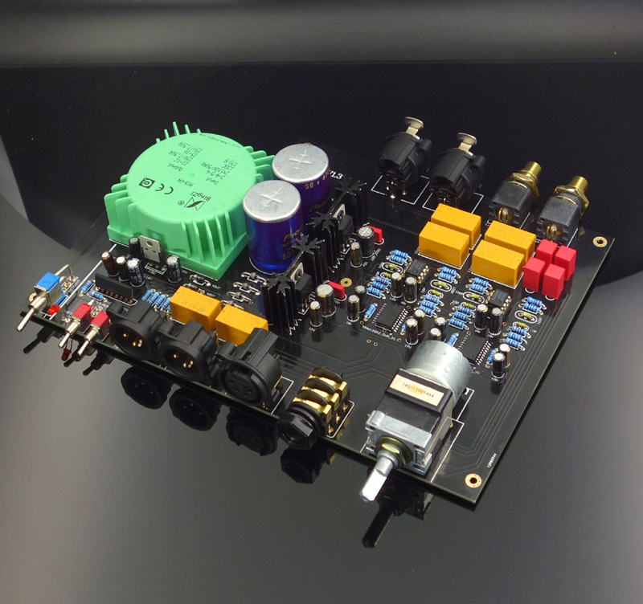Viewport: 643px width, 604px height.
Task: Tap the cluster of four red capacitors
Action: click(550, 266)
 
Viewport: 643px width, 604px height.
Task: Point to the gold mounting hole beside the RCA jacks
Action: click(599, 240)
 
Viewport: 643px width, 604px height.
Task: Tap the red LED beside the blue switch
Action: click(53, 308)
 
